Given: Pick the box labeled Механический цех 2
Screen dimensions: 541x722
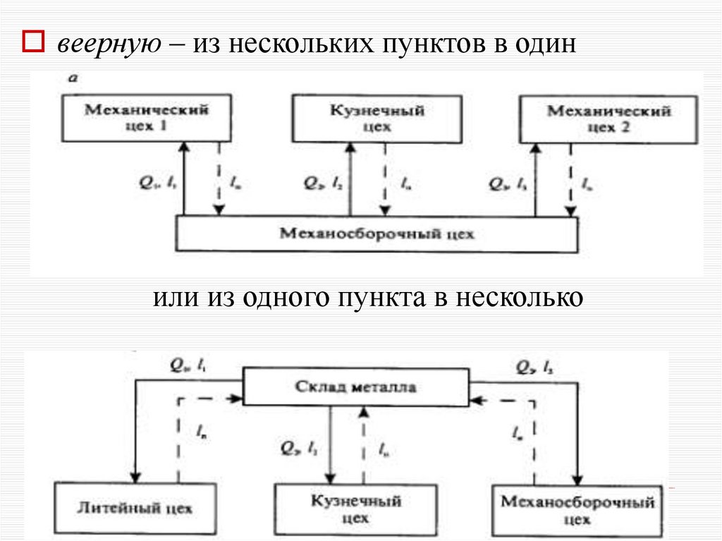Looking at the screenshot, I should pos(608,118).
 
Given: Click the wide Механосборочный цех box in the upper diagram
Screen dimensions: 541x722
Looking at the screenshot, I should pos(377,233).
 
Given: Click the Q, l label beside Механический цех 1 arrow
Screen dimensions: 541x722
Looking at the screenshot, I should pos(160,183).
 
